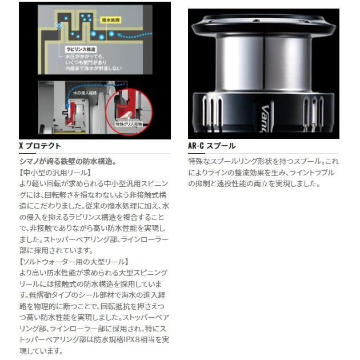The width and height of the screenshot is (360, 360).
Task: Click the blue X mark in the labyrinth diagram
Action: (59, 25)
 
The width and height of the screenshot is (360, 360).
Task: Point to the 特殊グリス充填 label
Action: (127, 123)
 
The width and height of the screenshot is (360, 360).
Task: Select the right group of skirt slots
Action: (313, 109)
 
